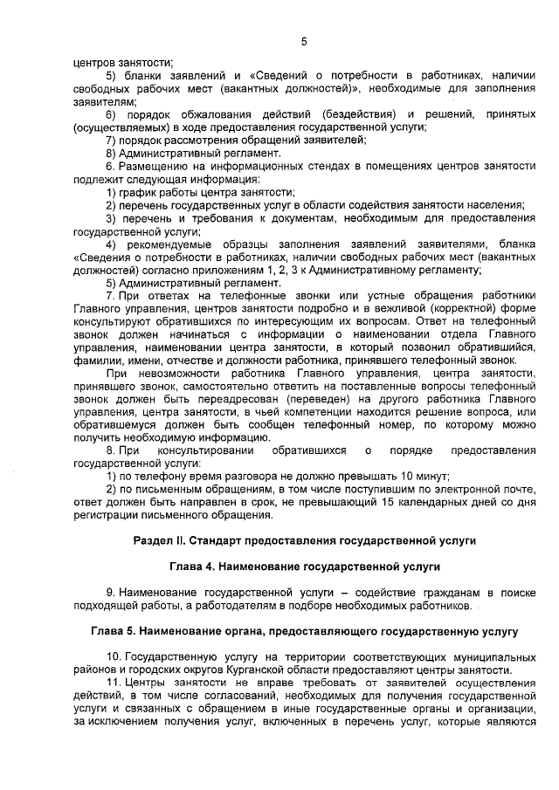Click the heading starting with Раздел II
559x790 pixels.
[x=304, y=540]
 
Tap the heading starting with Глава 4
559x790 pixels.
[x=304, y=567]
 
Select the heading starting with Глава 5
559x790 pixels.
[x=304, y=630]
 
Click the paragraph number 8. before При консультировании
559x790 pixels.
[x=110, y=450]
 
